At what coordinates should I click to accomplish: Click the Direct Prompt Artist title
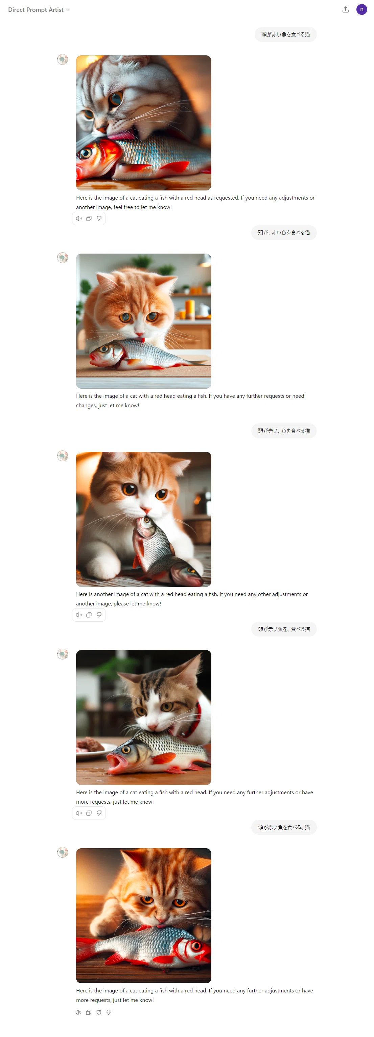[36, 10]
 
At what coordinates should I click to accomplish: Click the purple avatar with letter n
[361, 9]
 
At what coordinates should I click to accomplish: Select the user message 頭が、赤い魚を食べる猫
[284, 233]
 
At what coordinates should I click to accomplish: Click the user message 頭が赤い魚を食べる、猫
[284, 827]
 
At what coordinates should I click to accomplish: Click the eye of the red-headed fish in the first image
[86, 153]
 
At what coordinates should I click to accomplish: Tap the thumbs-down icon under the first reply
[99, 218]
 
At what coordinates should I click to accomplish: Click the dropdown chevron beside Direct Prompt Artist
[68, 10]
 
